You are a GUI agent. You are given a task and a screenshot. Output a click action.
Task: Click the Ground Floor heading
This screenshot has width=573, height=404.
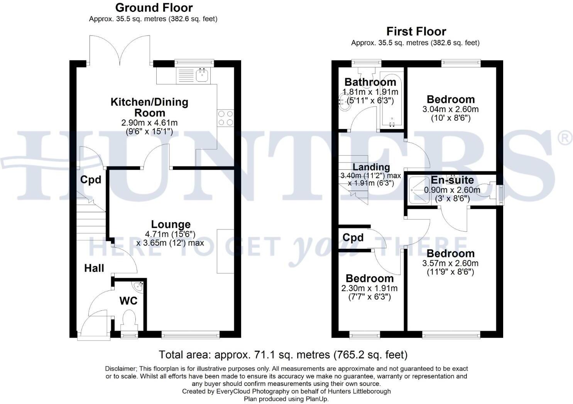tap(154, 8)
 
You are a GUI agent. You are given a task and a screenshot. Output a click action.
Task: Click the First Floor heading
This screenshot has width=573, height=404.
tap(416, 32)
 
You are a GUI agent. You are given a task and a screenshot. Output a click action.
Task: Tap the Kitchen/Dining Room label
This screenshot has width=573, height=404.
tap(149, 107)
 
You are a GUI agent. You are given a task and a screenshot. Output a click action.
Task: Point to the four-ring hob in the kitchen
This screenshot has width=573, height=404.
tap(225, 118)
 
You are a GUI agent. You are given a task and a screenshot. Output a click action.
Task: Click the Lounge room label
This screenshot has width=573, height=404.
tap(171, 225)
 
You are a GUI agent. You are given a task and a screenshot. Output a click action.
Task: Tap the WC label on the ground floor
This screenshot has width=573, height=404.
tap(128, 301)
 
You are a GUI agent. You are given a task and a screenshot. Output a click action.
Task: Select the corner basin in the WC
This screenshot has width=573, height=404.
tap(139, 286)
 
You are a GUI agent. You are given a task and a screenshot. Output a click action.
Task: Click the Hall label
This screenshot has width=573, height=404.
tap(94, 268)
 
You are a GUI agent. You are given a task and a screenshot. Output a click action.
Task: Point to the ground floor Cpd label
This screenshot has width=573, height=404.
tap(91, 180)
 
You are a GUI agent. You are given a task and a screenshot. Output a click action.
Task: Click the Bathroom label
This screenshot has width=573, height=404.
tap(370, 82)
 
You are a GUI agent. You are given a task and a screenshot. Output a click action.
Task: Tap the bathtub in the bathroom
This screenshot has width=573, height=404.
tap(392, 99)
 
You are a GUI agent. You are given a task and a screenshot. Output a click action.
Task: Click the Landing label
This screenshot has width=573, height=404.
tap(371, 167)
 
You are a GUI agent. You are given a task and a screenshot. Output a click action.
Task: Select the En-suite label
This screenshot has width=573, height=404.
tap(452, 180)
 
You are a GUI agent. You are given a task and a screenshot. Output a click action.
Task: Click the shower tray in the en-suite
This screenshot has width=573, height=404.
tap(419, 191)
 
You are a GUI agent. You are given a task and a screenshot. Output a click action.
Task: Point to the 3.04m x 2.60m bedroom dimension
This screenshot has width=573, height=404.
tap(450, 109)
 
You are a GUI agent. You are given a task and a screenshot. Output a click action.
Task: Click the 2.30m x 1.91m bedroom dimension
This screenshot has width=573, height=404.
tap(369, 288)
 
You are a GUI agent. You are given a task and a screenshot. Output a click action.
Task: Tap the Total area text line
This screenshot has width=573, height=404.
tap(283, 355)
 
